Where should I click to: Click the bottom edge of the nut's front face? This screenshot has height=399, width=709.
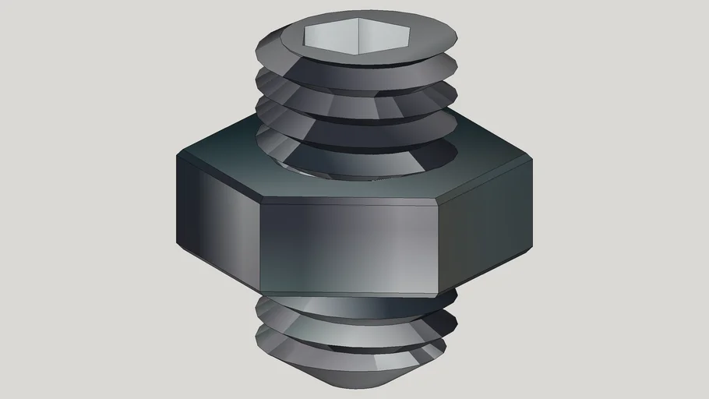(x=347, y=293)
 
